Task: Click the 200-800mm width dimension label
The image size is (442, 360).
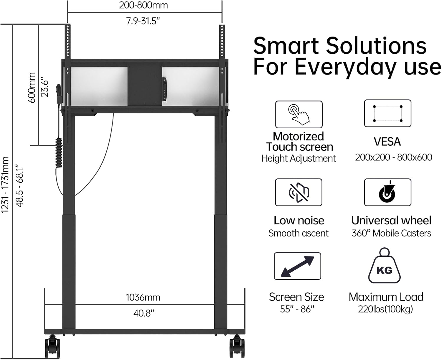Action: click(x=143, y=6)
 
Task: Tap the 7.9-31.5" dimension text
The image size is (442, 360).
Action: click(x=143, y=21)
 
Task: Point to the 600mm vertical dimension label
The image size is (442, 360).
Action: click(x=32, y=88)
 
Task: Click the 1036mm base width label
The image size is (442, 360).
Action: click(x=143, y=297)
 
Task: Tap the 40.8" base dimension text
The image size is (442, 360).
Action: click(x=144, y=313)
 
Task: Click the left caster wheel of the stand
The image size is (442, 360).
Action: click(x=52, y=347)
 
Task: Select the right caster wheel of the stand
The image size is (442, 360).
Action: click(x=237, y=347)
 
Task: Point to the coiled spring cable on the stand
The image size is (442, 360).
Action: click(x=59, y=153)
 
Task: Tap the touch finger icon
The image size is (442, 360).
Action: click(x=299, y=114)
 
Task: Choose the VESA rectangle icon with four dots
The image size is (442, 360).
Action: click(x=387, y=114)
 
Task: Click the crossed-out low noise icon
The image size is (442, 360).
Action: click(x=298, y=192)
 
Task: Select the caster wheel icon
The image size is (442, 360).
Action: click(x=387, y=192)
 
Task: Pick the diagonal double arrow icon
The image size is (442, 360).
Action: click(x=297, y=266)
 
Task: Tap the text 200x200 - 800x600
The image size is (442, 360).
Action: click(x=393, y=157)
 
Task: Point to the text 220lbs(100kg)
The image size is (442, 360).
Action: click(x=385, y=309)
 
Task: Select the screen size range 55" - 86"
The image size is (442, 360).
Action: click(x=297, y=309)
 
